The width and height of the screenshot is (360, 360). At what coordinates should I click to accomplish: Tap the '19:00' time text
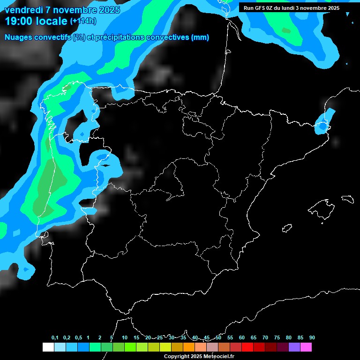click(x=19, y=21)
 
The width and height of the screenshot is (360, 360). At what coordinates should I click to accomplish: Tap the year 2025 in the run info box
click(x=331, y=8)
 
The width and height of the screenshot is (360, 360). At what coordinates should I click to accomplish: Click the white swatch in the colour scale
click(x=48, y=347)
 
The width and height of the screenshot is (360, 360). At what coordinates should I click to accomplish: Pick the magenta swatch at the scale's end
click(x=306, y=347)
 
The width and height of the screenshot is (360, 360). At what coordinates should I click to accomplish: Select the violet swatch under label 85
click(x=294, y=347)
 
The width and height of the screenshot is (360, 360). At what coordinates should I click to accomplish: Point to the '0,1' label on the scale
click(x=55, y=337)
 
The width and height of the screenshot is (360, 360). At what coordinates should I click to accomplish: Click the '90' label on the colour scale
click(x=312, y=337)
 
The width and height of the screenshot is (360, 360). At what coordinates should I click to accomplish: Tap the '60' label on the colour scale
click(x=242, y=337)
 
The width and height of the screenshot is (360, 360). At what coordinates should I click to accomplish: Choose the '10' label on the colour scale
click(x=125, y=337)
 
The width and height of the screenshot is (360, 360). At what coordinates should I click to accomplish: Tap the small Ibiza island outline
click(x=287, y=228)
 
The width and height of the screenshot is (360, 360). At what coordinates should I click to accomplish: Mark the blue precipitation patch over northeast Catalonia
click(x=323, y=124)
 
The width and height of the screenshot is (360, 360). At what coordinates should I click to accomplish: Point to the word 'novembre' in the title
click(x=70, y=10)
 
